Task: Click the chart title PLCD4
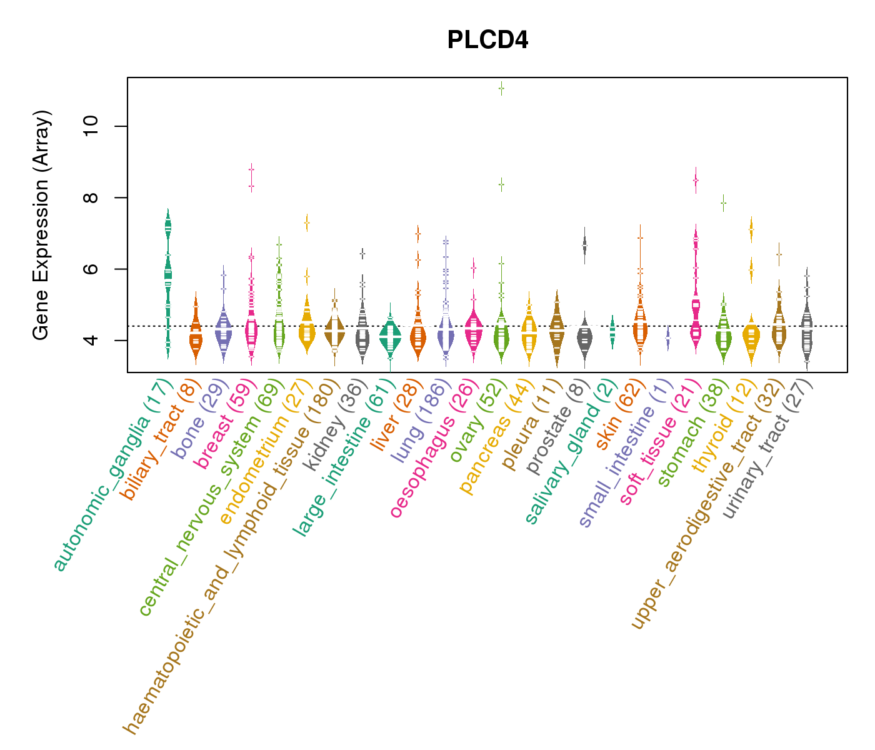(487, 41)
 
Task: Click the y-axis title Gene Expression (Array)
(41, 226)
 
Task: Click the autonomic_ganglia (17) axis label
(112, 475)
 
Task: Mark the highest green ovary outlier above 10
(501, 89)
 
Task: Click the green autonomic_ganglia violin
(167, 275)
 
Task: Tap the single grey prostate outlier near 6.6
(585, 246)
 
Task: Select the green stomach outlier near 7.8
(723, 202)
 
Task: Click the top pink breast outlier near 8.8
(251, 169)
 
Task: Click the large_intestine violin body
(391, 337)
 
